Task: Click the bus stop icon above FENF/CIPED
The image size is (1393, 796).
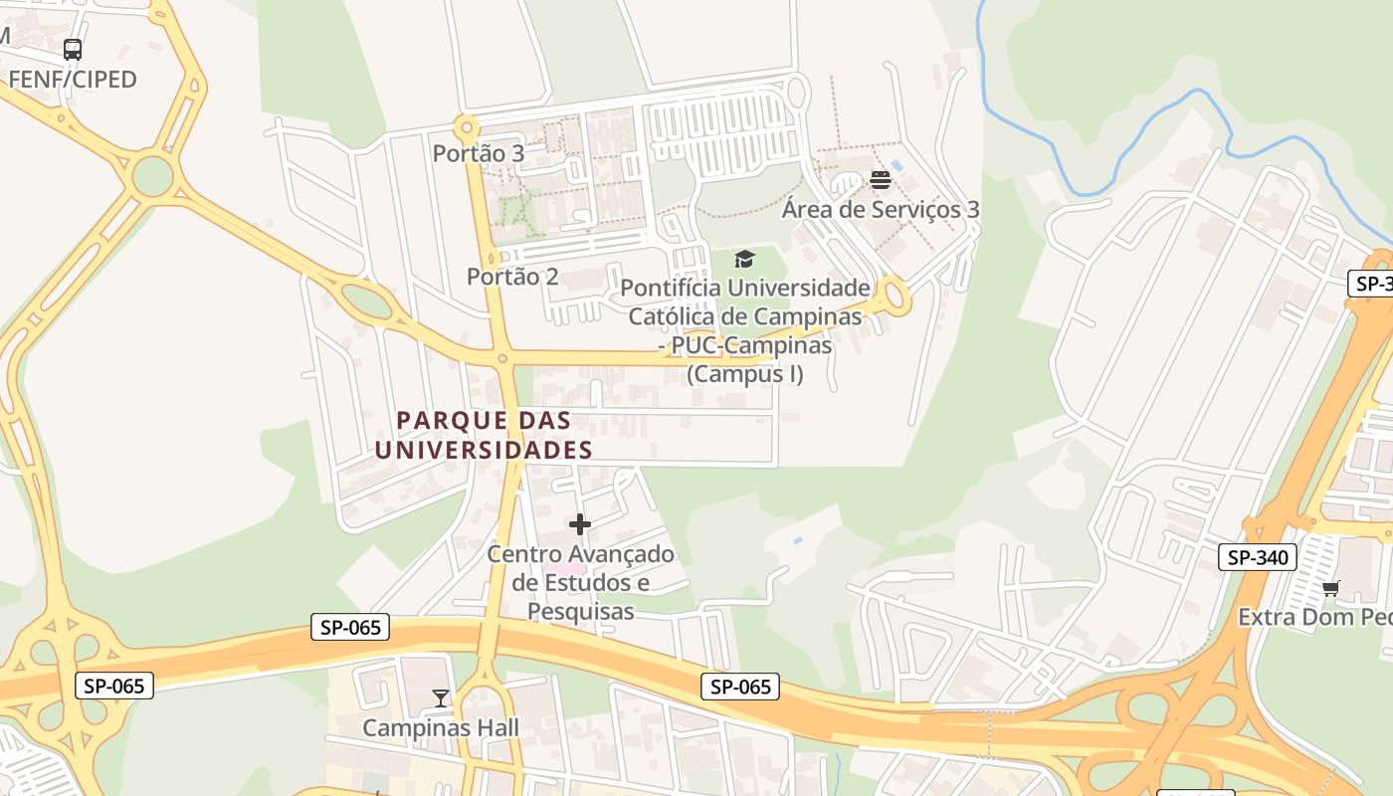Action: [x=73, y=49]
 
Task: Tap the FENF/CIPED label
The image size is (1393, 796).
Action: [x=73, y=80]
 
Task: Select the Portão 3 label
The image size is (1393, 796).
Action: [x=479, y=153]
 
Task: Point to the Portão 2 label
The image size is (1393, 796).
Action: [x=512, y=277]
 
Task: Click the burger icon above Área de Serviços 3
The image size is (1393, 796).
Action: [x=880, y=180]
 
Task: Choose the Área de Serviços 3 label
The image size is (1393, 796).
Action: [x=881, y=209]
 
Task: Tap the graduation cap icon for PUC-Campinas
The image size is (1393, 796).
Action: [x=745, y=260]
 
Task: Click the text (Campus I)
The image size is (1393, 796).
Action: [x=745, y=374]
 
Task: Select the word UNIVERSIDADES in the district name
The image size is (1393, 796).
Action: [x=485, y=450]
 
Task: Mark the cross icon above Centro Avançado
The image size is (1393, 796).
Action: [x=580, y=524]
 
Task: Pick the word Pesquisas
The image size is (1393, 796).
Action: [x=580, y=611]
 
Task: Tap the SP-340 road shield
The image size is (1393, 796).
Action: [x=1258, y=557]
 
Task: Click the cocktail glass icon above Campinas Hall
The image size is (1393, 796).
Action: [x=441, y=698]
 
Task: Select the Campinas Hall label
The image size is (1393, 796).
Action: [x=441, y=727]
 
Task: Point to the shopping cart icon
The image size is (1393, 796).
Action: [x=1331, y=588]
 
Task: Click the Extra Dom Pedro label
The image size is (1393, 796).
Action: [x=1313, y=617]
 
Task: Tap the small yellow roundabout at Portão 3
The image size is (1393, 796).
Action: [x=467, y=127]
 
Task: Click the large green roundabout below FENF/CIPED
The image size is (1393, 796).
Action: [x=152, y=176]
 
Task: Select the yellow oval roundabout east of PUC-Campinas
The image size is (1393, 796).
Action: [x=895, y=297]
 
